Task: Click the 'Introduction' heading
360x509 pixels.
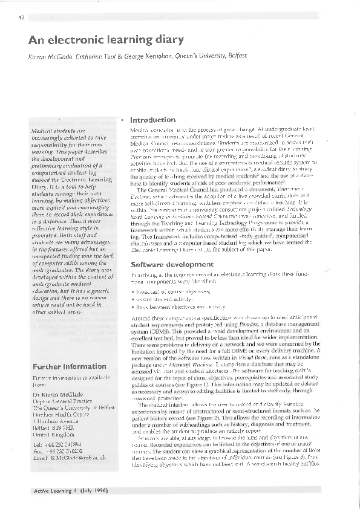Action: click(153, 120)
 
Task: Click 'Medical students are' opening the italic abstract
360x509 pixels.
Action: click(59, 130)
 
